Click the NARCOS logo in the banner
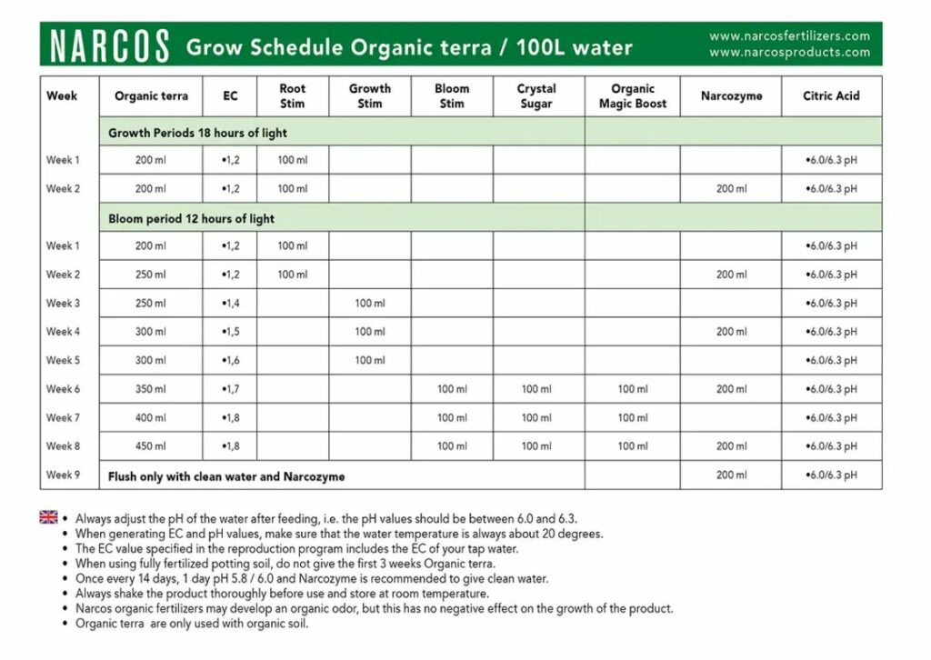[x=110, y=46]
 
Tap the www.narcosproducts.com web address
[x=789, y=53]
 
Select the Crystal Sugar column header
[x=536, y=96]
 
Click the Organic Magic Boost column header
[x=633, y=96]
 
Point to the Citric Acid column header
[x=831, y=95]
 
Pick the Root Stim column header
[x=293, y=96]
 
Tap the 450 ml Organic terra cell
[x=151, y=446]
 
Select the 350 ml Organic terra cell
[x=151, y=389]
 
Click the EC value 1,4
[x=231, y=304]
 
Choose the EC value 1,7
[x=231, y=389]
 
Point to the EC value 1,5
[x=231, y=332]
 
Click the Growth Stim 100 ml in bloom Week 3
[x=370, y=304]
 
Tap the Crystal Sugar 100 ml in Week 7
[x=536, y=418]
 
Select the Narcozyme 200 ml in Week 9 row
[x=731, y=475]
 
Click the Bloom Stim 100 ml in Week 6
[x=452, y=389]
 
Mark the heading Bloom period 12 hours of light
[x=191, y=219]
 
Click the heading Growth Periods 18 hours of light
[x=197, y=133]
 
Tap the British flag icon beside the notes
[x=49, y=517]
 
